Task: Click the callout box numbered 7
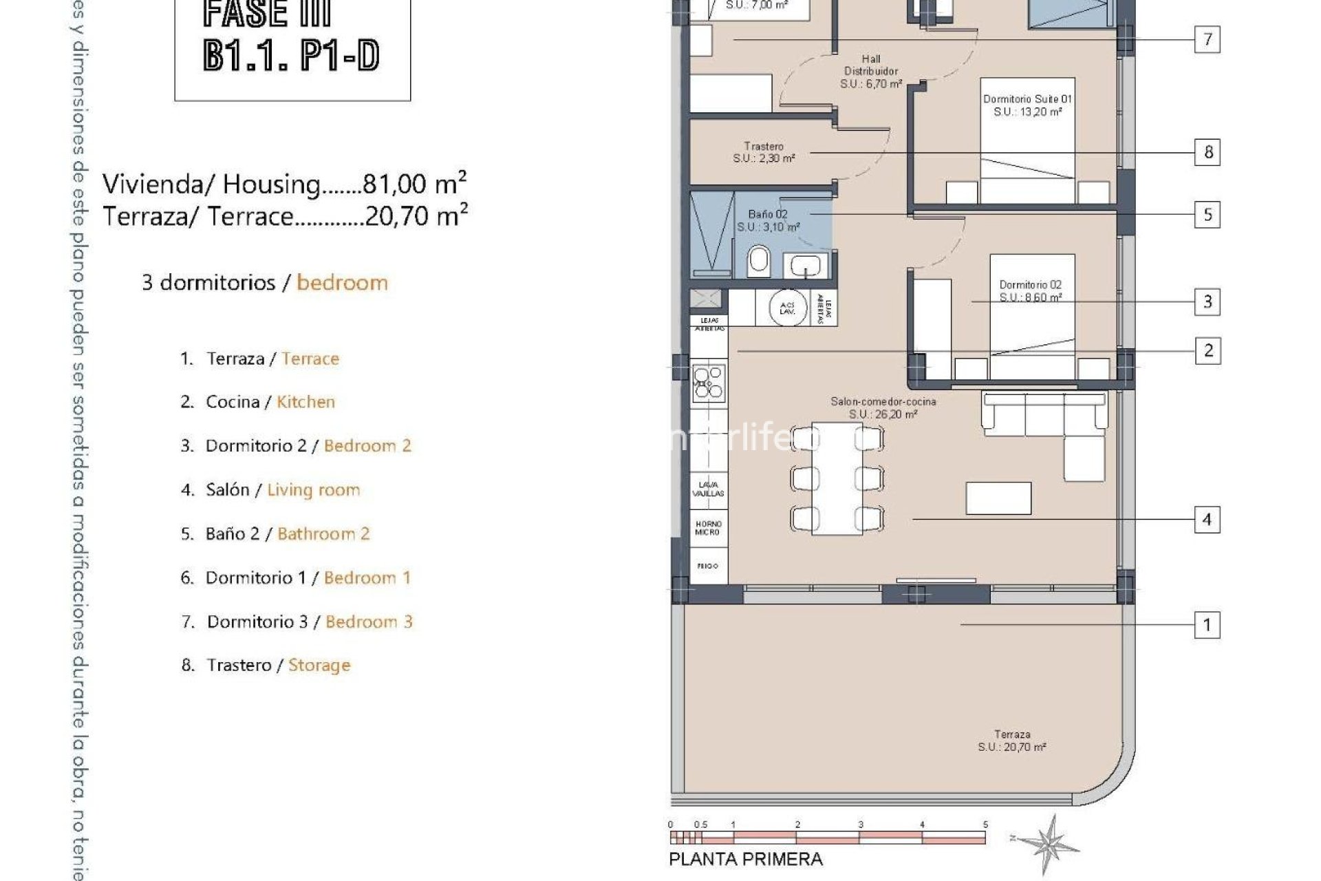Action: pos(1207,39)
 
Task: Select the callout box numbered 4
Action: pos(1207,519)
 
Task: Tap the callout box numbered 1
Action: pos(1207,625)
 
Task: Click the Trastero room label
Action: pos(764,152)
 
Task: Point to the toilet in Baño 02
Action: pos(759,261)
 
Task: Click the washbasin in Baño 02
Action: pos(804,264)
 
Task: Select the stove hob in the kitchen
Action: pos(709,381)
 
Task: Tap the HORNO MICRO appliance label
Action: pos(708,528)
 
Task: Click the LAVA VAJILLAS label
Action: pos(708,489)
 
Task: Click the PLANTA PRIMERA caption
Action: pos(745,859)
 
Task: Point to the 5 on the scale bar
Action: pos(985,824)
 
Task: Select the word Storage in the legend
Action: pos(319,665)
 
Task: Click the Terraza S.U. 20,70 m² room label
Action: pos(1012,741)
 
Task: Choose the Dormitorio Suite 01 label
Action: pos(1027,105)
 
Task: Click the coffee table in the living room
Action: pos(998,498)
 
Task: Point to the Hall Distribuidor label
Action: pos(871,71)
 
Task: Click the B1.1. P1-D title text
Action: pos(292,55)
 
